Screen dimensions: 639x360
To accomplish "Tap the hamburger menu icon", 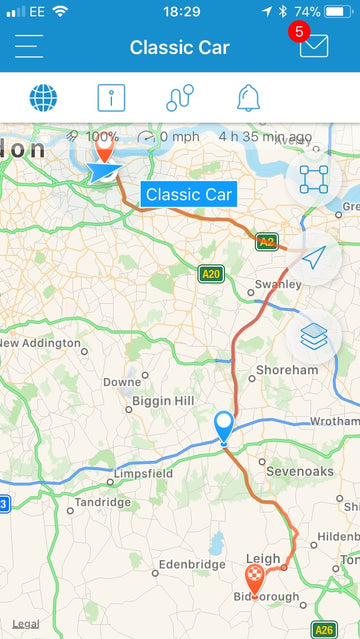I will [x=29, y=47].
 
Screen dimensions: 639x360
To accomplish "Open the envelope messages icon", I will [x=313, y=47].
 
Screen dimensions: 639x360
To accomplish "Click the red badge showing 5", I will [x=297, y=31].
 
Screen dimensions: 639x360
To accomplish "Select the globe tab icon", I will [x=43, y=98].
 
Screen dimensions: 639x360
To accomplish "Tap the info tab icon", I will [x=111, y=98].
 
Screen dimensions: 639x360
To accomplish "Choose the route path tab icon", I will [x=180, y=98].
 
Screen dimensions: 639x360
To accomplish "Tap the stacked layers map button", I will [x=314, y=337].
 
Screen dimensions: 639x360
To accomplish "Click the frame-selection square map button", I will [x=314, y=180].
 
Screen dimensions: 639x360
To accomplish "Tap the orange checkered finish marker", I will [x=255, y=579].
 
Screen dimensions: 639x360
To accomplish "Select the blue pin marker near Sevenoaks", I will [x=224, y=427].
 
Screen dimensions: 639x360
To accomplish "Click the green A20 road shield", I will [x=209, y=274].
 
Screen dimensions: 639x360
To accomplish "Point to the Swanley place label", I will [x=277, y=285].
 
